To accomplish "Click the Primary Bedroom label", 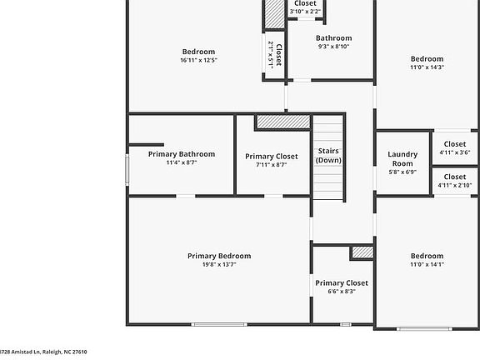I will click(218, 256).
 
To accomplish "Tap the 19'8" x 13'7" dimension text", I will click(218, 265).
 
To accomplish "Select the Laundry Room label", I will click(402, 158).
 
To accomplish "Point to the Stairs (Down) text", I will click(328, 155).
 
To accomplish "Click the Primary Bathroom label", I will click(181, 154).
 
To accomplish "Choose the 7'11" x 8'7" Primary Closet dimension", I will click(271, 165).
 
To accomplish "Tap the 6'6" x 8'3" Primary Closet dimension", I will click(341, 292).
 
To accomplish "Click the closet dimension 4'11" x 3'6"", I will click(454, 152).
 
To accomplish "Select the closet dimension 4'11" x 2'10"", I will click(454, 185).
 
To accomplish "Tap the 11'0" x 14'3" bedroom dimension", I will click(426, 67).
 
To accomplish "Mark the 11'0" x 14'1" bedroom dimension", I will click(426, 265).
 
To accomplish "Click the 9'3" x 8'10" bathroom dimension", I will click(333, 47).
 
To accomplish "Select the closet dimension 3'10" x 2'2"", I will click(305, 12).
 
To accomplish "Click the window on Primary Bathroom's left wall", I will click(127, 169).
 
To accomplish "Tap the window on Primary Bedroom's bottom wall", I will click(218, 324).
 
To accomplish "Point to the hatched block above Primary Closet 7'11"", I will click(282, 122).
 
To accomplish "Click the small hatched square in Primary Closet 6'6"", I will click(362, 252).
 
